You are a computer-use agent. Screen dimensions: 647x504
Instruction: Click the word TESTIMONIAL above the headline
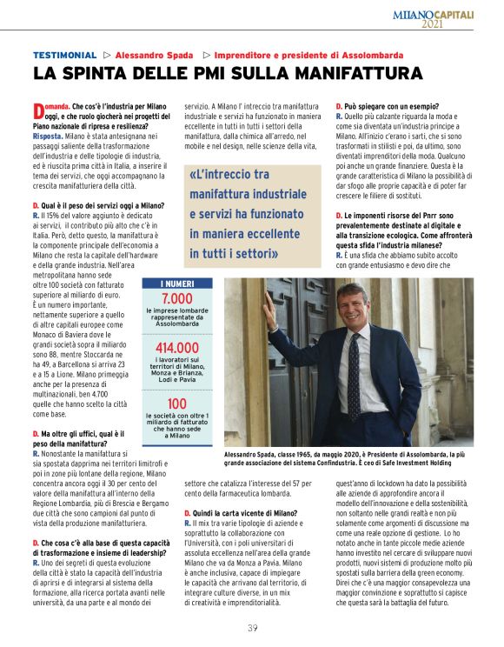[64, 56]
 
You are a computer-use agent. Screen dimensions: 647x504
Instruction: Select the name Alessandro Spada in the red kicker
[154, 56]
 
